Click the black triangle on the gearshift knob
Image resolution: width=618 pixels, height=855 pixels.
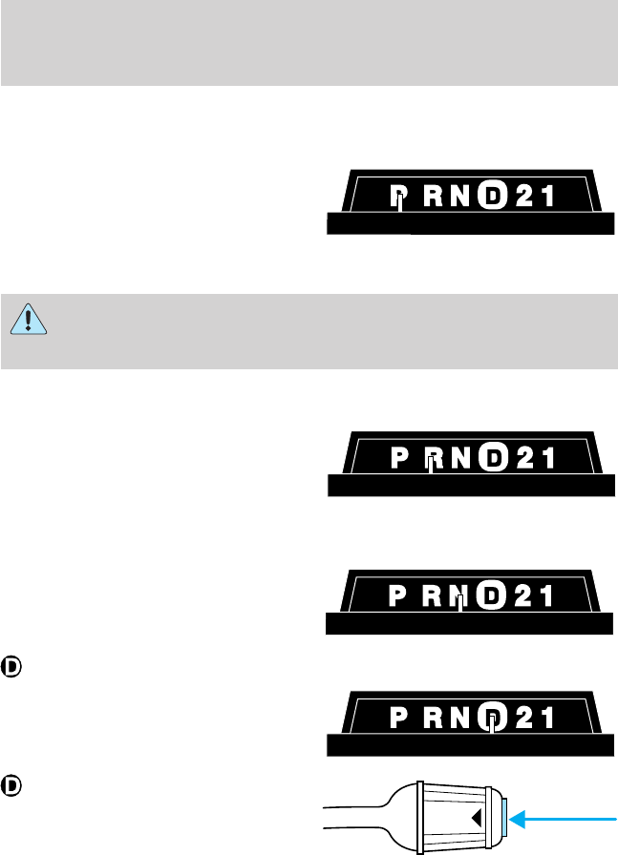[475, 818]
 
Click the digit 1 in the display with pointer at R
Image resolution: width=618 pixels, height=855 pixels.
[547, 459]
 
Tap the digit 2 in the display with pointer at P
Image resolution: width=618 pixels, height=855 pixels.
[523, 198]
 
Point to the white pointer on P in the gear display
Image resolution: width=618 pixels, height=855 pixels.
[400, 202]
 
